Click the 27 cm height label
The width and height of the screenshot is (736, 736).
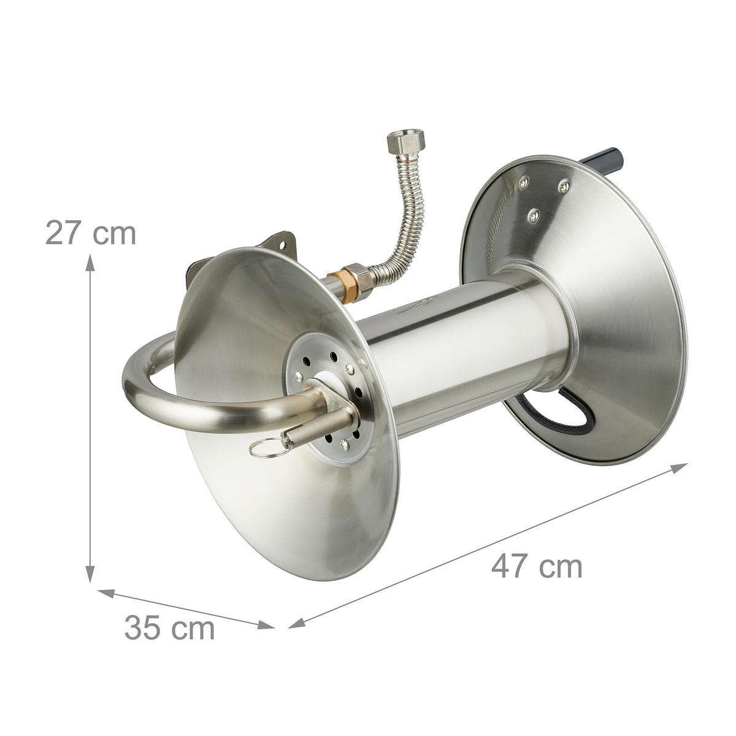tap(91, 233)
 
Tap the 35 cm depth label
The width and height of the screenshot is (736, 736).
tap(169, 627)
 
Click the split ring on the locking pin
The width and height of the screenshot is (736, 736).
tap(267, 449)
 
